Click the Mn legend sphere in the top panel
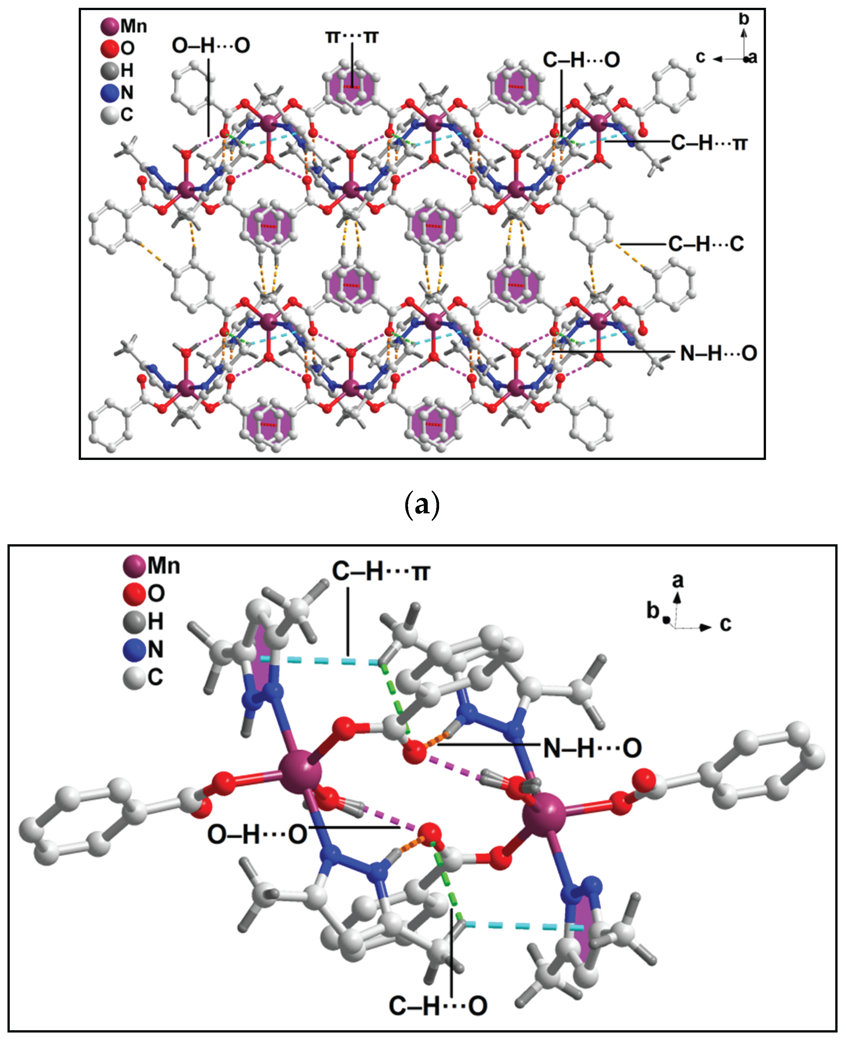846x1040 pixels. (110, 26)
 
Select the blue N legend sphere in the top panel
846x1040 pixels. (110, 93)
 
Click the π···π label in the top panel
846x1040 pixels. (352, 36)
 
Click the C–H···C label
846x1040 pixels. (705, 244)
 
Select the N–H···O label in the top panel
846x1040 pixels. (718, 353)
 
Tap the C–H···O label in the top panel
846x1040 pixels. (581, 60)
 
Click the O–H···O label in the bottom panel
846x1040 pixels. (257, 834)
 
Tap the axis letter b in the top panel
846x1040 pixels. (744, 19)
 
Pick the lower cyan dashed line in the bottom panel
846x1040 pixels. (524, 925)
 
